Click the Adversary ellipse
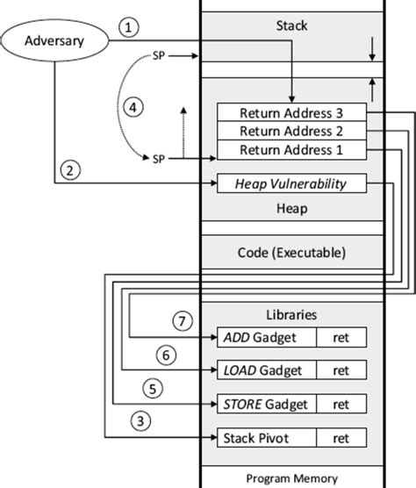[54, 40]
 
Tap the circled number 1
[130, 27]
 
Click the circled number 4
[132, 107]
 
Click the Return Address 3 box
[290, 113]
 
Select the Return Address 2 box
[290, 132]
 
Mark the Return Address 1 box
[290, 150]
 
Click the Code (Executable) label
[291, 252]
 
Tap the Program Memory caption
[291, 478]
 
